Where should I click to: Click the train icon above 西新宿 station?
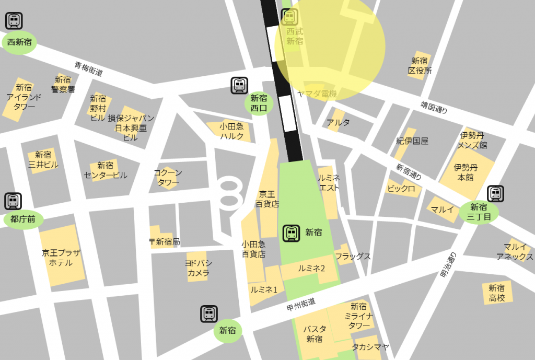(x=14, y=21)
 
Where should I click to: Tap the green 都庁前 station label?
(x=23, y=219)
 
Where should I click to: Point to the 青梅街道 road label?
(x=88, y=69)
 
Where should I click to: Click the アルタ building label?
(x=338, y=123)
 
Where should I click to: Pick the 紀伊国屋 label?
(x=412, y=141)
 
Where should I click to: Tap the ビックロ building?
(x=401, y=188)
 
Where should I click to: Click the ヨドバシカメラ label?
(x=198, y=268)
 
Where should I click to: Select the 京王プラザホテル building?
(x=62, y=258)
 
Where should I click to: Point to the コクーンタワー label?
(x=168, y=178)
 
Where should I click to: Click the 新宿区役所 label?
(x=420, y=66)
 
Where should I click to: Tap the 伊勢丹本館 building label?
(x=466, y=172)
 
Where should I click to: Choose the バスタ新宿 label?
(x=315, y=334)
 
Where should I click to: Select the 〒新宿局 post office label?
(x=164, y=241)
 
